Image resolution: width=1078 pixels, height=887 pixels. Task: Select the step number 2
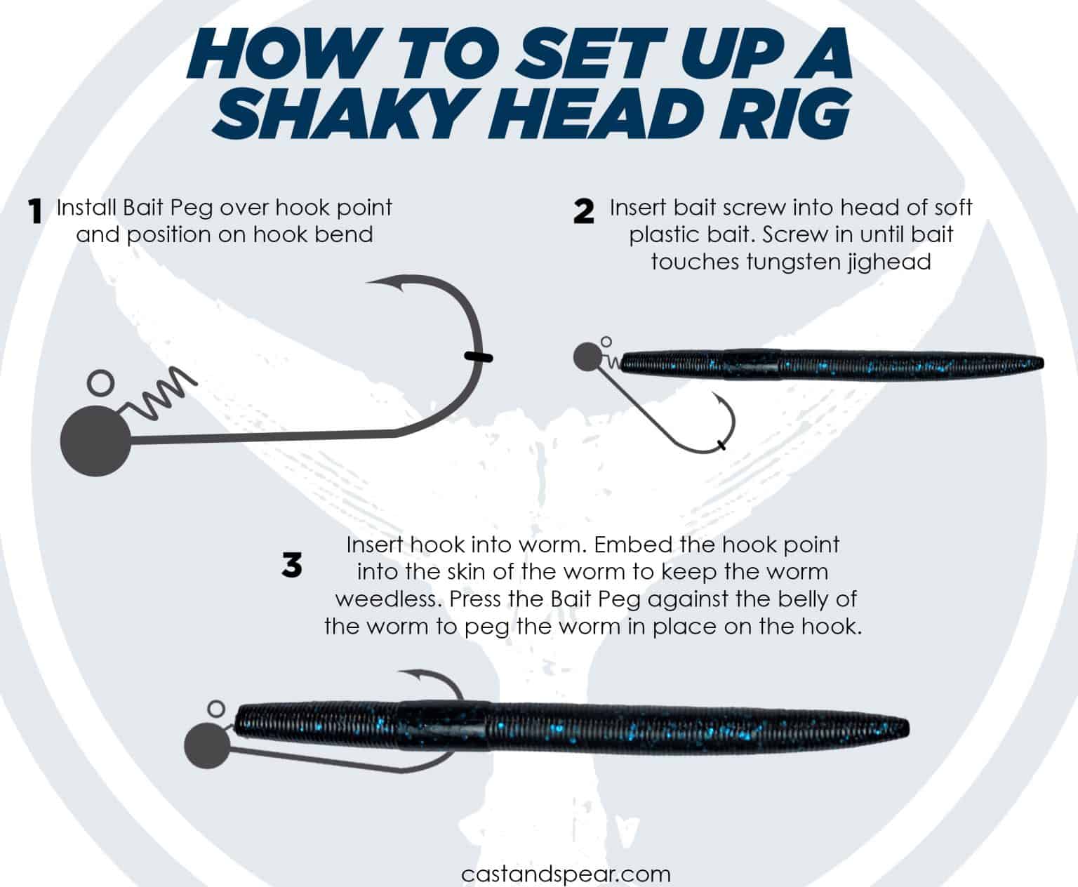[584, 211]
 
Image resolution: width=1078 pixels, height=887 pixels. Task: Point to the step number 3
[292, 565]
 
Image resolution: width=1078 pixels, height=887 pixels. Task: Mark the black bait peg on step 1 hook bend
[478, 357]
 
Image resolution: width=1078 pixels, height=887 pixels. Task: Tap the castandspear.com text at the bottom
[566, 874]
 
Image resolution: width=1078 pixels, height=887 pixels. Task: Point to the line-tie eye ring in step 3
[217, 708]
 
